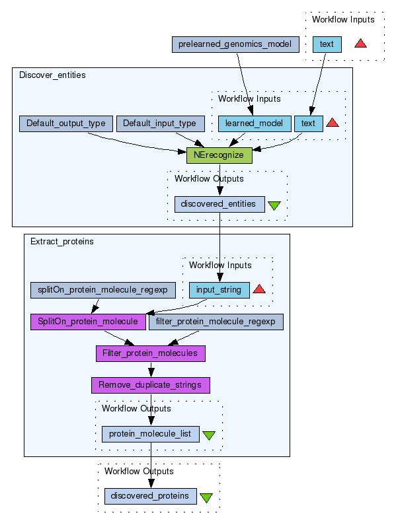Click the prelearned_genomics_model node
pos(235,44)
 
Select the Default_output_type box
pos(65,124)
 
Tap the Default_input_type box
pos(161,124)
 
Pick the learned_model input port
pos(255,124)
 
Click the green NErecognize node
pos(219,155)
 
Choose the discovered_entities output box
pos(219,204)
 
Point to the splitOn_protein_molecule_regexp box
pos(102,290)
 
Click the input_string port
pos(219,290)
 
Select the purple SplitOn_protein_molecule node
pos(88,322)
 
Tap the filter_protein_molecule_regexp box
pos(216,322)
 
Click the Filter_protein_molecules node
pos(151,353)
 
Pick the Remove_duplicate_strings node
pos(151,386)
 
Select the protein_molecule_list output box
pos(151,434)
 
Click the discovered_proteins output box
pos(151,497)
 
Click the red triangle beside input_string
pos(259,289)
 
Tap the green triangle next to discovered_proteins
pos(206,497)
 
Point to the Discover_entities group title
pos(52,75)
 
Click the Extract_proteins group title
pos(62,242)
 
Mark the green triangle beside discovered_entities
pos(274,205)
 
